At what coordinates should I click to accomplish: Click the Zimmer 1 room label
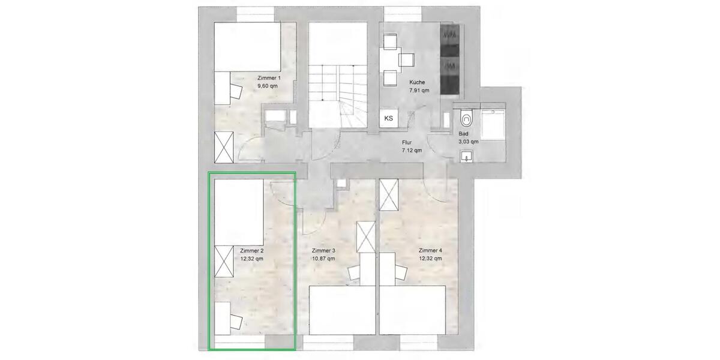click(268, 79)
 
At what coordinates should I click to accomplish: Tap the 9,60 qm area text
click(268, 86)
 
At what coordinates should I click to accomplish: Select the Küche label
click(418, 82)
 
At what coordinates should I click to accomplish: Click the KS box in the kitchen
click(389, 118)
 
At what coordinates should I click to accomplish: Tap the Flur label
click(407, 143)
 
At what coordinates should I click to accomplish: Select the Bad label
click(463, 134)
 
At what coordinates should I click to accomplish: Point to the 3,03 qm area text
click(468, 142)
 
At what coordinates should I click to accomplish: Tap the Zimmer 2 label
click(251, 251)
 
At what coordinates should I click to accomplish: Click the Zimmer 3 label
click(323, 251)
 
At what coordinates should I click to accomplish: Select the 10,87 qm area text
click(323, 259)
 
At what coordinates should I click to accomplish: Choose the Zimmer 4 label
click(430, 251)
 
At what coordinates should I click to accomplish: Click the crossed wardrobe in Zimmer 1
click(224, 147)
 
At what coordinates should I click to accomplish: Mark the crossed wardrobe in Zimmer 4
click(389, 194)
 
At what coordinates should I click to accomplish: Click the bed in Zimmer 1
click(246, 46)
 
